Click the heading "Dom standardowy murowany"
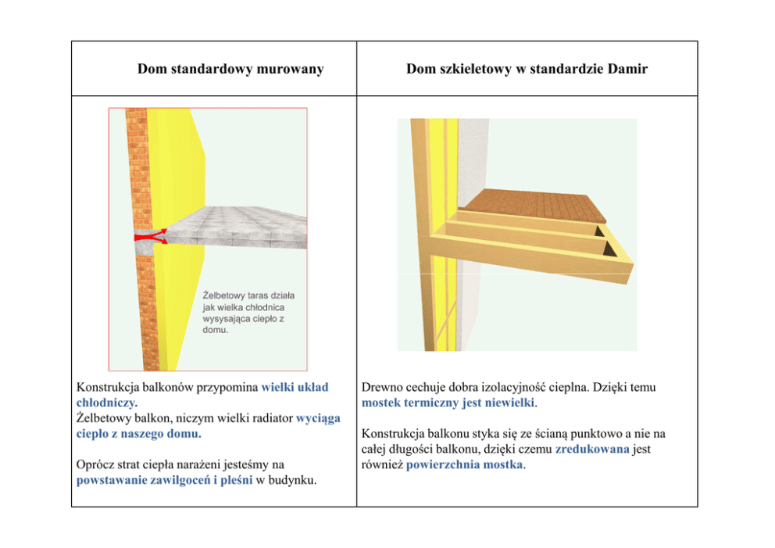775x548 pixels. coord(230,70)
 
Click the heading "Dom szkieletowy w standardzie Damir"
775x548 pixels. coord(527,70)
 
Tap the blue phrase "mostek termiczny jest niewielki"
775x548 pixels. coord(448,403)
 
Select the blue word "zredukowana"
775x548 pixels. coord(591,450)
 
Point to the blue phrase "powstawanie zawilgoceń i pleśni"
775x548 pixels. coord(164,480)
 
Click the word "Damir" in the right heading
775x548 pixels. coord(627,70)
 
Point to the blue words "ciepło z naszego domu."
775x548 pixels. coord(138,433)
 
